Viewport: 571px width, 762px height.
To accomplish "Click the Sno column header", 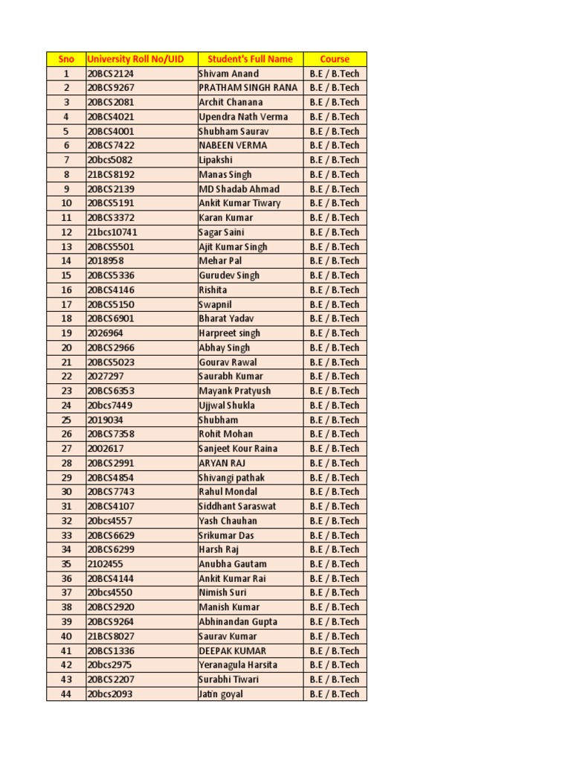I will (65, 59).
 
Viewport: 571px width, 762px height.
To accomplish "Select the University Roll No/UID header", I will (141, 59).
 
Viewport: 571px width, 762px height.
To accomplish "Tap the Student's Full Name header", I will (250, 59).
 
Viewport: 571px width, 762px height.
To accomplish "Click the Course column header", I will (335, 59).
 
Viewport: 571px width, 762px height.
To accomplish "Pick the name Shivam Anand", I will (229, 74).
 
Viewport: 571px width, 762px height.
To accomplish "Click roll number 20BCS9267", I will (111, 88).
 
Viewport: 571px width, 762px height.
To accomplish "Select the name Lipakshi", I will (216, 160).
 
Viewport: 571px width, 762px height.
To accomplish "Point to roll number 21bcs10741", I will (112, 232).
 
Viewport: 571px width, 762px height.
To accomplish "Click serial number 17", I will (66, 304).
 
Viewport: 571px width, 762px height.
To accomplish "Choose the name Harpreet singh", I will (229, 333).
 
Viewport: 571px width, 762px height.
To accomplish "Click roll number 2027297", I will (106, 377).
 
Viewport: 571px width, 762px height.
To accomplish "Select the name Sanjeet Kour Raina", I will (238, 449).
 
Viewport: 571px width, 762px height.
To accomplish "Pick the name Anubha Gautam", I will (232, 564).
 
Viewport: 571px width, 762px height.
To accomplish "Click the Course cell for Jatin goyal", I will (335, 694).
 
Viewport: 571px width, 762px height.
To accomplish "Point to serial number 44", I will (66, 694).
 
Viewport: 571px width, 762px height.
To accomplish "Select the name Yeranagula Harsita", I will (238, 665).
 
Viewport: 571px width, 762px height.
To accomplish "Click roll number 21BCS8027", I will (111, 636).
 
